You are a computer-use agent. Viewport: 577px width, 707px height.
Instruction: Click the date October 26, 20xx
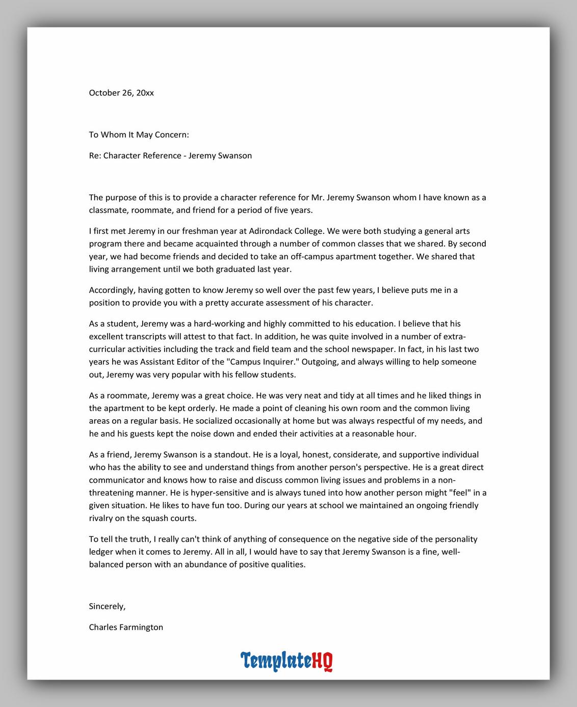(121, 93)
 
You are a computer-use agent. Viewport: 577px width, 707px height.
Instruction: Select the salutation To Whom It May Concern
(139, 134)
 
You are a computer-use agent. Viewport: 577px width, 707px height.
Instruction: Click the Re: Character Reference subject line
(170, 155)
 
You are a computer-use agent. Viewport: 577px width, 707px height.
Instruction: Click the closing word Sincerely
(107, 606)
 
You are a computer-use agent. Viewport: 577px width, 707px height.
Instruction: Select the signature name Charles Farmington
(126, 627)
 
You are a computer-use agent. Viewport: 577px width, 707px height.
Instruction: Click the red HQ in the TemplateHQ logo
(322, 661)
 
